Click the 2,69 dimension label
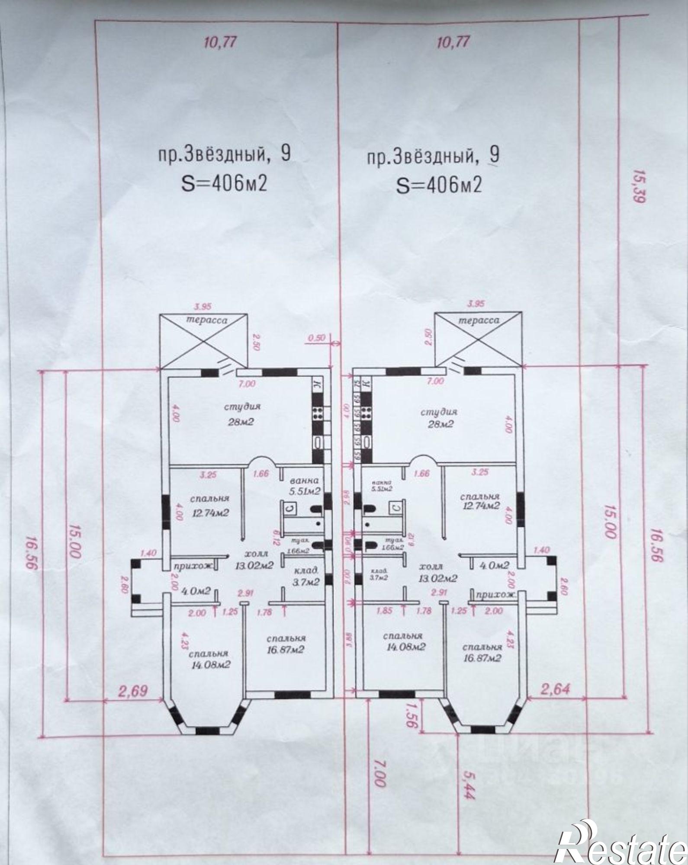point(133,691)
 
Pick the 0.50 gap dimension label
point(317,338)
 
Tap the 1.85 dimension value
point(384,611)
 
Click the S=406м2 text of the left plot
point(223,184)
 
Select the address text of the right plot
point(433,157)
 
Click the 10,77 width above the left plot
point(221,43)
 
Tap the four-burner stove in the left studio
point(318,413)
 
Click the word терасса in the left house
point(207,320)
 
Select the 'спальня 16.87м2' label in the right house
point(482,653)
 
